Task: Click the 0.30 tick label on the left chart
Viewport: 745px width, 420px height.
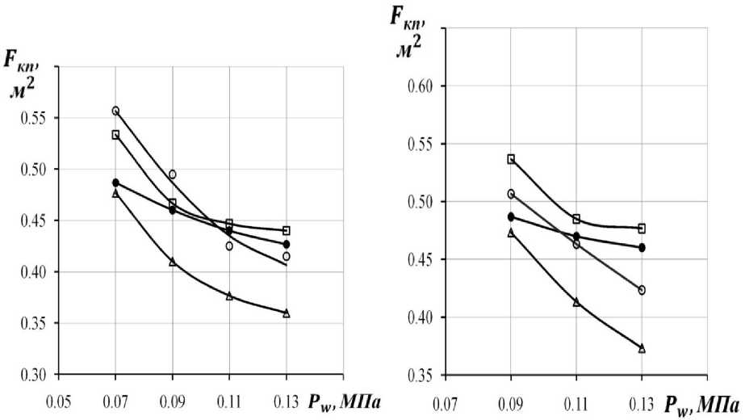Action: [33, 376]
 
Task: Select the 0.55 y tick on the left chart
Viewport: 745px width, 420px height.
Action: [33, 119]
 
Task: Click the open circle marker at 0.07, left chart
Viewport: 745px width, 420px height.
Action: [115, 111]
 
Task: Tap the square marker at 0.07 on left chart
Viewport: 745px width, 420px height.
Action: [115, 135]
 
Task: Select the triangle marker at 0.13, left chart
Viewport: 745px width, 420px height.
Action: [287, 313]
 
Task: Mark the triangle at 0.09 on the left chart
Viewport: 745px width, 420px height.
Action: [172, 262]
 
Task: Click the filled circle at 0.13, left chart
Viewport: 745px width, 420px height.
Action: [287, 244]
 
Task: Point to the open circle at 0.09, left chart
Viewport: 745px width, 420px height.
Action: [172, 174]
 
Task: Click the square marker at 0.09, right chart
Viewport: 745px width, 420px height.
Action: [511, 159]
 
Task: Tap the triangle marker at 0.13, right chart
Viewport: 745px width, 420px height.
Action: [642, 348]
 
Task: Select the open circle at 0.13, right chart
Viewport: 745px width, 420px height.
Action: [642, 290]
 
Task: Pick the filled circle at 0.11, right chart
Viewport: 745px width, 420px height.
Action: [576, 237]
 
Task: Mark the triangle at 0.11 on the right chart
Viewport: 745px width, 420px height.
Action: [576, 302]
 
